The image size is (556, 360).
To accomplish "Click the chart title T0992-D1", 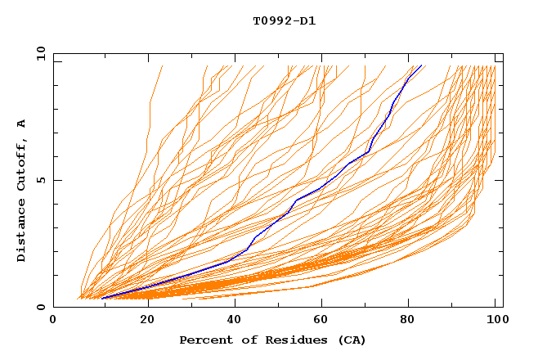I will coord(284,20).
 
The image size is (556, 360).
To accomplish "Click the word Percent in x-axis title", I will coord(205,340).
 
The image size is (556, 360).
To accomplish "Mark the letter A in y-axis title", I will coord(21,123).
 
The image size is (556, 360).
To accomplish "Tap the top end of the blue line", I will coord(421,65).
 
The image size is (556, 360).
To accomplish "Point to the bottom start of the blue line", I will coord(101,298).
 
